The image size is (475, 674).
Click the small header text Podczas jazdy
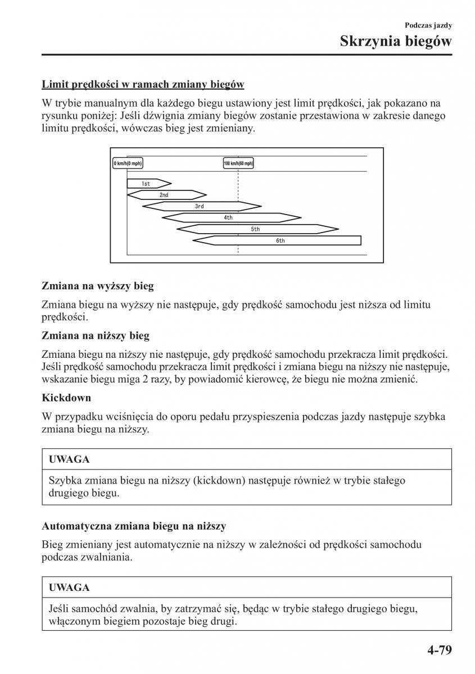coord(428,25)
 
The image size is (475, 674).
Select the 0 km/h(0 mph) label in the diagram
coord(128,163)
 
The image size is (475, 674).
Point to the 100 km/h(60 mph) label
coord(238,163)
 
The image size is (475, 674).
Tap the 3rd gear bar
coord(199,206)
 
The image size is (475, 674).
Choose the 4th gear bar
coord(229,217)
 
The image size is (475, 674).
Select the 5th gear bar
coord(256,229)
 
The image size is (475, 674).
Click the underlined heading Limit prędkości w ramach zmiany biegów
coord(143,84)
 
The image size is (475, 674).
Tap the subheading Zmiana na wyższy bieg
coord(97,286)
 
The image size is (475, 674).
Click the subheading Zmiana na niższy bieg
coord(96,336)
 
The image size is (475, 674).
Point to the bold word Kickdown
coord(66,398)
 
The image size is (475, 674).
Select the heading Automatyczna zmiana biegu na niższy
coord(134,526)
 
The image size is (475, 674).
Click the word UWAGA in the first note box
coord(69,459)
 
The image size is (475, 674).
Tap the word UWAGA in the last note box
coord(69,588)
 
